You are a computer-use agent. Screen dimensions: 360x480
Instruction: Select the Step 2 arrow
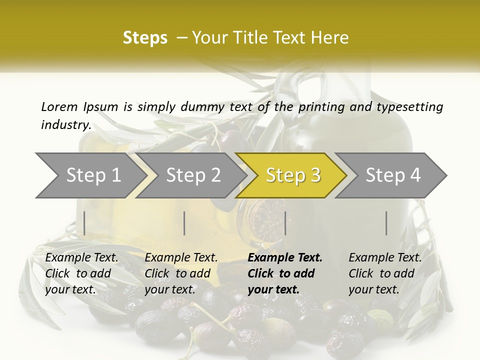click(193, 175)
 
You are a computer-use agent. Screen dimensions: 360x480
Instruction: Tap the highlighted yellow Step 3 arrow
click(293, 175)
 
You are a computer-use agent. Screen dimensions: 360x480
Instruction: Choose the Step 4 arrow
click(393, 175)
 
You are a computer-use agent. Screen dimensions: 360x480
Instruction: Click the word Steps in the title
click(145, 38)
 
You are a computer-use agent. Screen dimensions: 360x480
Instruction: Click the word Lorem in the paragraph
click(59, 106)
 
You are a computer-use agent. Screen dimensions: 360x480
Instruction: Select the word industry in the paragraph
click(65, 124)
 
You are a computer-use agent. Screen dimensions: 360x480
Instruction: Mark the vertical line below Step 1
click(84, 223)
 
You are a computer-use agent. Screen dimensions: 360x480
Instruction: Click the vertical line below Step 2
click(184, 223)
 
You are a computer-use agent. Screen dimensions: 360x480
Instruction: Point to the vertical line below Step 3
click(285, 223)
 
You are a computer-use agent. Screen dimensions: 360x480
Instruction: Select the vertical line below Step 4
click(386, 223)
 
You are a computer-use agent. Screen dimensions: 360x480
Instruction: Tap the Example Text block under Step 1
click(81, 273)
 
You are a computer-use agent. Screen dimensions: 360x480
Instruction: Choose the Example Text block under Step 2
click(181, 273)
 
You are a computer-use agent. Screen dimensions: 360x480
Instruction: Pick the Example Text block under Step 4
click(385, 273)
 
